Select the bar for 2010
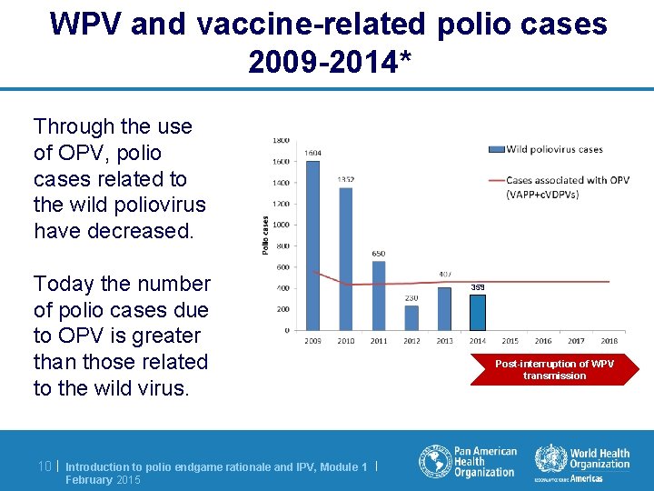click(x=346, y=259)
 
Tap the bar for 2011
click(x=379, y=296)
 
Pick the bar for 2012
click(x=411, y=317)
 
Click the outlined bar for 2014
click(x=477, y=312)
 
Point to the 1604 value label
click(x=313, y=153)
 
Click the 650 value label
click(x=379, y=254)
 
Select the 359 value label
click(x=477, y=286)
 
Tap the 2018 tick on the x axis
click(x=609, y=341)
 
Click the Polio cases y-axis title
click(x=265, y=235)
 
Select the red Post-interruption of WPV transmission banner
click(x=554, y=369)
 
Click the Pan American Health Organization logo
click(x=468, y=461)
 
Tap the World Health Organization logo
click(x=582, y=461)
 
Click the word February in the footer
click(x=89, y=480)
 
